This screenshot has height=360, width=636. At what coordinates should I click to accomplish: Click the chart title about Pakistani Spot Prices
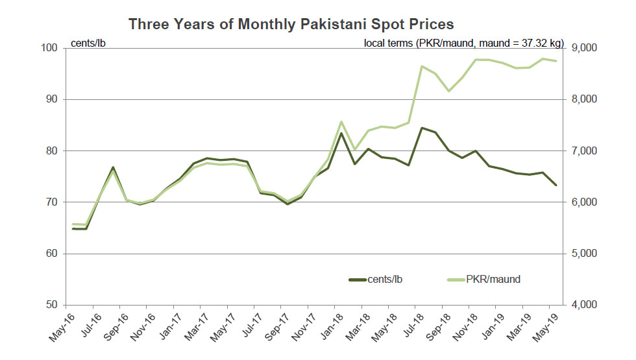pos(291,24)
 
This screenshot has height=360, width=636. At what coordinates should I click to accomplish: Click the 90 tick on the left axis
pos(51,99)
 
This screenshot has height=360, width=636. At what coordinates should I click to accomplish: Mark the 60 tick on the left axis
pos(51,254)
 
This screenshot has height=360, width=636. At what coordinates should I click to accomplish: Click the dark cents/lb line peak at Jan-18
pos(341,134)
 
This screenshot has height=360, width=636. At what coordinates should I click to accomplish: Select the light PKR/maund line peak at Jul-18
pos(422,66)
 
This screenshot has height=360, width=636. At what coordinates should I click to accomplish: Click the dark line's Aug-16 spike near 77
pos(113,167)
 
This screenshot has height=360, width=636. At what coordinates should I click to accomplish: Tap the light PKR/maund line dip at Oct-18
pos(449,91)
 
